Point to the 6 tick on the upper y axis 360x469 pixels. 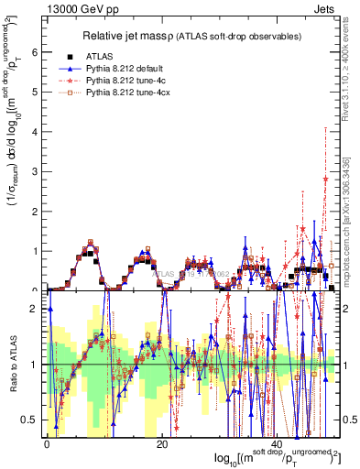click(x=37, y=52)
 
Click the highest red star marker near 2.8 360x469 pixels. click(x=325, y=180)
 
